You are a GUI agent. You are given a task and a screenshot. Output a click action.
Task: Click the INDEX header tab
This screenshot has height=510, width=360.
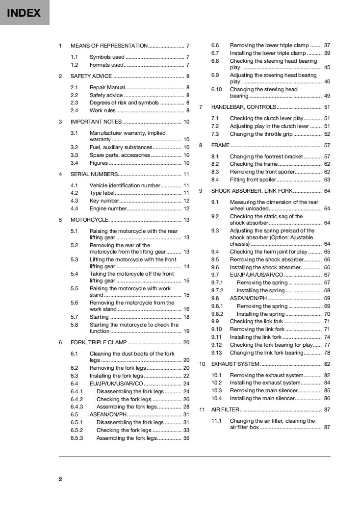(x=24, y=13)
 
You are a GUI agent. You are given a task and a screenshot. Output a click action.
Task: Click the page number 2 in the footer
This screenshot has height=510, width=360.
(x=60, y=479)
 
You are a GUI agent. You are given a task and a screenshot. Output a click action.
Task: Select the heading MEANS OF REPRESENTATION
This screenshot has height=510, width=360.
(x=109, y=46)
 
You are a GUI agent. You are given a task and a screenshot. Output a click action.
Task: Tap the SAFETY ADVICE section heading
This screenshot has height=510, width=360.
(x=91, y=76)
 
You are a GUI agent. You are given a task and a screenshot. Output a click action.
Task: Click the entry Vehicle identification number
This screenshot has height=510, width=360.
(x=125, y=185)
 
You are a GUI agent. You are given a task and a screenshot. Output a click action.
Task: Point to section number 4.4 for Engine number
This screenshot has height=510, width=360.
(x=74, y=208)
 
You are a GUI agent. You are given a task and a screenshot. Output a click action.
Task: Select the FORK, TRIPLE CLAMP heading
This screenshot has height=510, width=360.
(x=99, y=342)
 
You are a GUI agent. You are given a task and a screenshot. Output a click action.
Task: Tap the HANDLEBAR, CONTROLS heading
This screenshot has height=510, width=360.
(x=243, y=107)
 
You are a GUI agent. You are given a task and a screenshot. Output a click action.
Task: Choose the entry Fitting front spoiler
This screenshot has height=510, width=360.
(x=253, y=179)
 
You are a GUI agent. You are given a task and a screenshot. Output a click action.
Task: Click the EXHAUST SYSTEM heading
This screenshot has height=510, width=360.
(x=235, y=364)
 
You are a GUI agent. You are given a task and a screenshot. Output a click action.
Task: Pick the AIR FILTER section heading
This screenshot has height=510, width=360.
(x=225, y=409)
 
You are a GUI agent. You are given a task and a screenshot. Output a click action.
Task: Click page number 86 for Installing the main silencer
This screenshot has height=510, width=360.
(x=327, y=399)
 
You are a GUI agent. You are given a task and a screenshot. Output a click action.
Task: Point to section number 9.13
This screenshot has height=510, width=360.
(x=216, y=353)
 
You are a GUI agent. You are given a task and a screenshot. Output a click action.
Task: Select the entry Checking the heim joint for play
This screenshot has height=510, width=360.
(x=269, y=252)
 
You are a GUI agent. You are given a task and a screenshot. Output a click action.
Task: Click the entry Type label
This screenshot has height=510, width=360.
(x=102, y=193)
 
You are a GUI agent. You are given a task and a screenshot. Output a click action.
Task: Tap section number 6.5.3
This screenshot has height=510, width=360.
(x=77, y=438)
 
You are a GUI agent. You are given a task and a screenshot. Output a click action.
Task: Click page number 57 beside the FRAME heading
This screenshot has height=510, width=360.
(x=327, y=145)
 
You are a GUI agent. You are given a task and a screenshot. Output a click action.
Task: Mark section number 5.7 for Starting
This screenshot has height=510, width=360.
(x=74, y=317)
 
